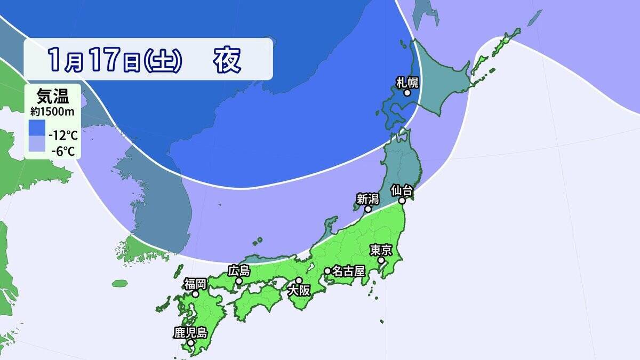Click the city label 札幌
click(x=407, y=82)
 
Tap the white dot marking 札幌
click(x=407, y=93)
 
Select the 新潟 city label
click(x=367, y=199)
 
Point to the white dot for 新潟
click(x=367, y=209)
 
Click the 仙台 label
click(x=402, y=190)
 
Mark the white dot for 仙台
click(x=402, y=201)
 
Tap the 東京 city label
click(x=381, y=250)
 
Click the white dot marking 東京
click(x=381, y=261)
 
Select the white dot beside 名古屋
click(x=327, y=271)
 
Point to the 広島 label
click(x=239, y=270)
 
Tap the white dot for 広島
click(x=239, y=281)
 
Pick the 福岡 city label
click(x=196, y=283)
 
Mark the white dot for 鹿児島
click(x=190, y=342)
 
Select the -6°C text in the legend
click(x=63, y=151)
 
